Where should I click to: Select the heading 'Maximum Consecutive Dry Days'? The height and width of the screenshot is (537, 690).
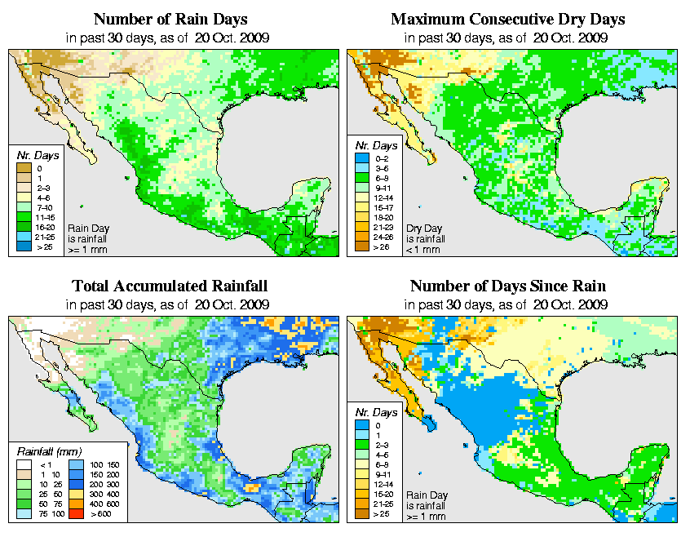(508, 19)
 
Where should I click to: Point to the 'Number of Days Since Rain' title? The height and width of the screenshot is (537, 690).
(508, 286)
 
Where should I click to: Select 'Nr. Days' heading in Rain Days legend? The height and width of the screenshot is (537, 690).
(33, 154)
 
